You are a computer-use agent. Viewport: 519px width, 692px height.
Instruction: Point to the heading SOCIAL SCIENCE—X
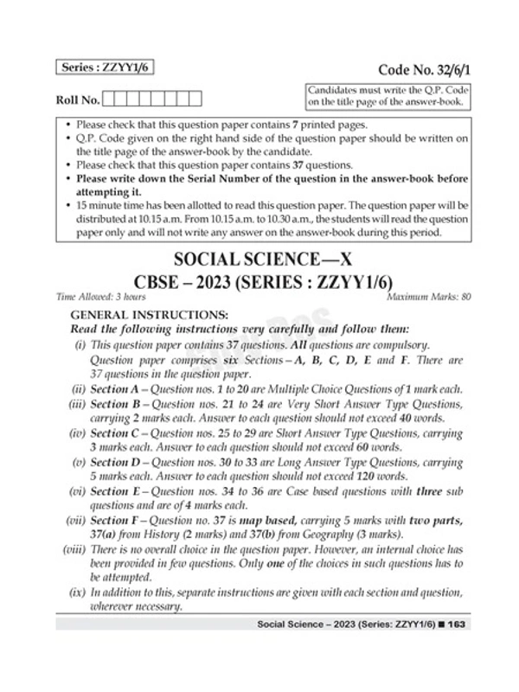coord(259,261)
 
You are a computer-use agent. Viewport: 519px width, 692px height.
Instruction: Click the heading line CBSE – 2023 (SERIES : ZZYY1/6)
coord(259,285)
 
